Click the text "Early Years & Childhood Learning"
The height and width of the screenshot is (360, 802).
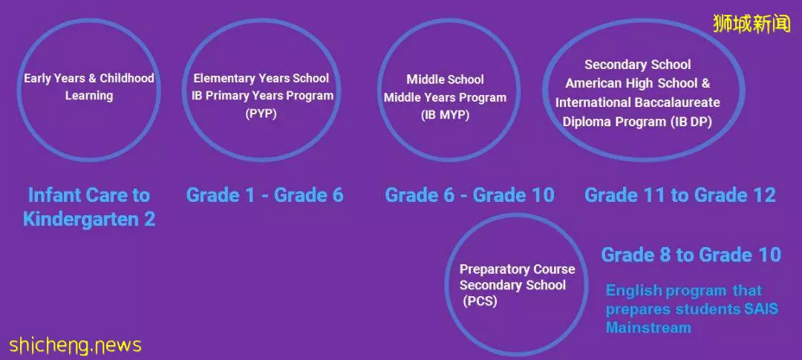[89, 87]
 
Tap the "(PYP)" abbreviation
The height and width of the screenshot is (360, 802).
[261, 114]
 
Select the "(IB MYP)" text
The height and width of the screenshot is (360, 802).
[445, 115]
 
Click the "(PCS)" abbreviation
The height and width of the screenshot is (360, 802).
[480, 301]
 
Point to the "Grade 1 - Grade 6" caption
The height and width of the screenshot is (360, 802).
[264, 194]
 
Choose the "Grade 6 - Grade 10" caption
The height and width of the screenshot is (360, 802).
[469, 194]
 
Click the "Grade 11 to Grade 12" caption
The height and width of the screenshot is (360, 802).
[679, 194]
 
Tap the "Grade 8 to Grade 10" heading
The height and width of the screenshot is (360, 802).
[691, 255]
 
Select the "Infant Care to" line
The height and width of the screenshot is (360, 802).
[89, 194]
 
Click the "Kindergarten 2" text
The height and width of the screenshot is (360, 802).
[89, 220]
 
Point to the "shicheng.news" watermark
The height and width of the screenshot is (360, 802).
[75, 345]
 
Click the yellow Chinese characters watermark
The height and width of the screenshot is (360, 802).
[752, 24]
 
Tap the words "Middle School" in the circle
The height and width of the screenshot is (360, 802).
[445, 79]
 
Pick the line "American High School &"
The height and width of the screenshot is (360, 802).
[638, 83]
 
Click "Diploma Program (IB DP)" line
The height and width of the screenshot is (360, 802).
[637, 122]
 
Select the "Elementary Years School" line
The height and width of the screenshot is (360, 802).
[261, 78]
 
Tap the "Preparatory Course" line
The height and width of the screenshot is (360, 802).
[517, 269]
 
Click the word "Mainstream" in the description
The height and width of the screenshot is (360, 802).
[648, 327]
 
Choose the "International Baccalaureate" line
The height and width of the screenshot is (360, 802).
[637, 102]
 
